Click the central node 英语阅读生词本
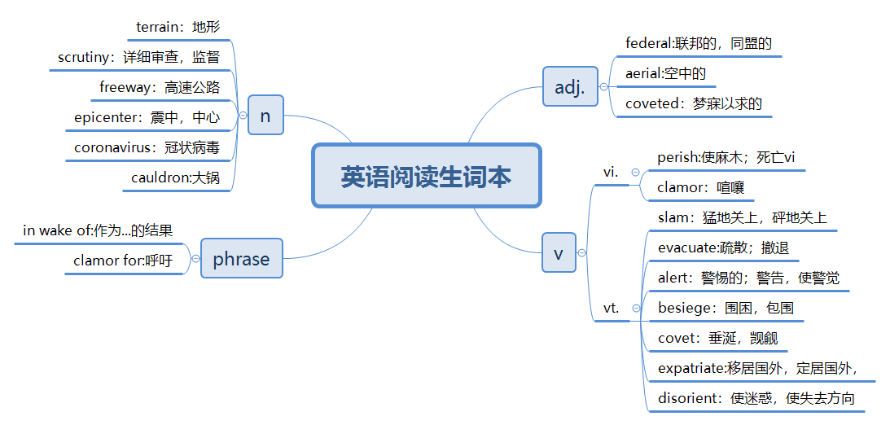coord(426,176)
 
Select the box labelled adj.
coord(570,86)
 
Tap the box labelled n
coord(265,116)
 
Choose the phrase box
coord(241,259)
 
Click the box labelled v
coord(559,252)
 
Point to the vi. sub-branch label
coord(611,172)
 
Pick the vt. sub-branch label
coord(611,309)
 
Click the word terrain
coord(158,27)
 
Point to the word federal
coord(645,42)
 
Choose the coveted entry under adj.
coord(651,103)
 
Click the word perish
coord(677,157)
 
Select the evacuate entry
coord(686,248)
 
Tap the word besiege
coord(683,308)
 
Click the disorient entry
coord(690,398)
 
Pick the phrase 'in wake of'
coord(58,230)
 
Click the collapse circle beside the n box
coord(243,116)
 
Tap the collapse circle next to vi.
coord(636,172)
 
